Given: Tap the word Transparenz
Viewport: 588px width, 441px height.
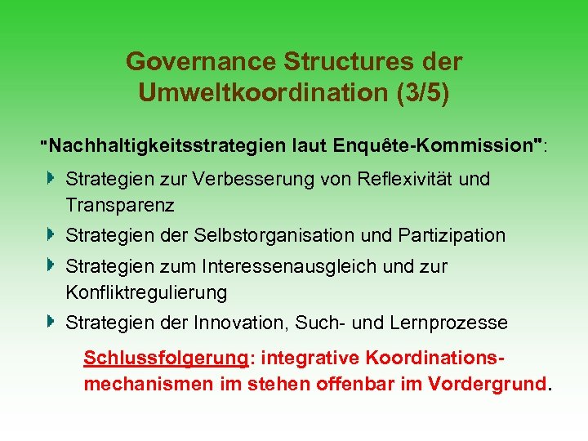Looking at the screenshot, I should pos(120,204).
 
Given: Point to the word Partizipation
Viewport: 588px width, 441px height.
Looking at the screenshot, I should pos(452,236).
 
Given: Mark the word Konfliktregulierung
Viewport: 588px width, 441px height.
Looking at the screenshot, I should pos(146,292).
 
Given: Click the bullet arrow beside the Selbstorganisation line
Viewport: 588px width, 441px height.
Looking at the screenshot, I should pos(51,235).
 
